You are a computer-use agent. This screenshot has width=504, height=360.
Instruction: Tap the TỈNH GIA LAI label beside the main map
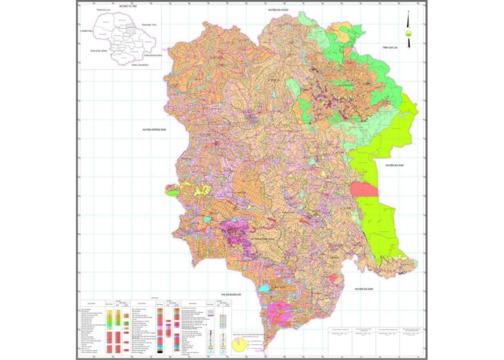(x=394, y=48)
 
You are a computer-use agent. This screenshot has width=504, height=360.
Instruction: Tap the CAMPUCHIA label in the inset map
(x=85, y=31)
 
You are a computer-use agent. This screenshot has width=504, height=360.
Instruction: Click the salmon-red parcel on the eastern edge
(x=364, y=190)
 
